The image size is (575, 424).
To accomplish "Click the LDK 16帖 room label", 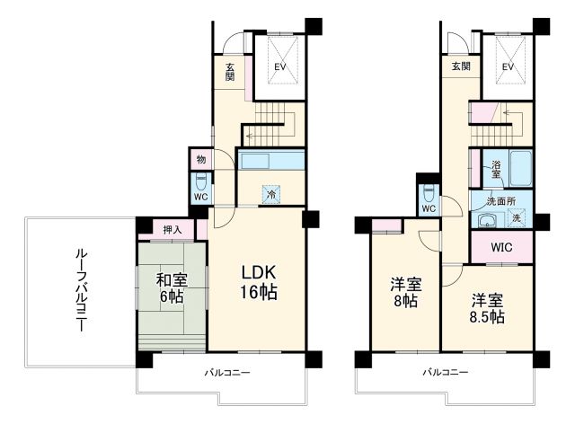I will (257, 282).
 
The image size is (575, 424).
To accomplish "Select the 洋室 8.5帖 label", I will (484, 308).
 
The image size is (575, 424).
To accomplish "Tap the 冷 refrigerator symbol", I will (270, 191).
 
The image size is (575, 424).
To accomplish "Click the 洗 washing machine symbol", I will (517, 218).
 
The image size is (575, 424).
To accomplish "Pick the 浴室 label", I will (496, 169).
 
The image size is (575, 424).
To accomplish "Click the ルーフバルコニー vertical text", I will (79, 292).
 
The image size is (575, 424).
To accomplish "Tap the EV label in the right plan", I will (508, 66).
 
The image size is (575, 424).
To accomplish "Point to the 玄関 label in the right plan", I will (460, 66).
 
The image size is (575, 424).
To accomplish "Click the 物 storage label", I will (199, 160).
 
